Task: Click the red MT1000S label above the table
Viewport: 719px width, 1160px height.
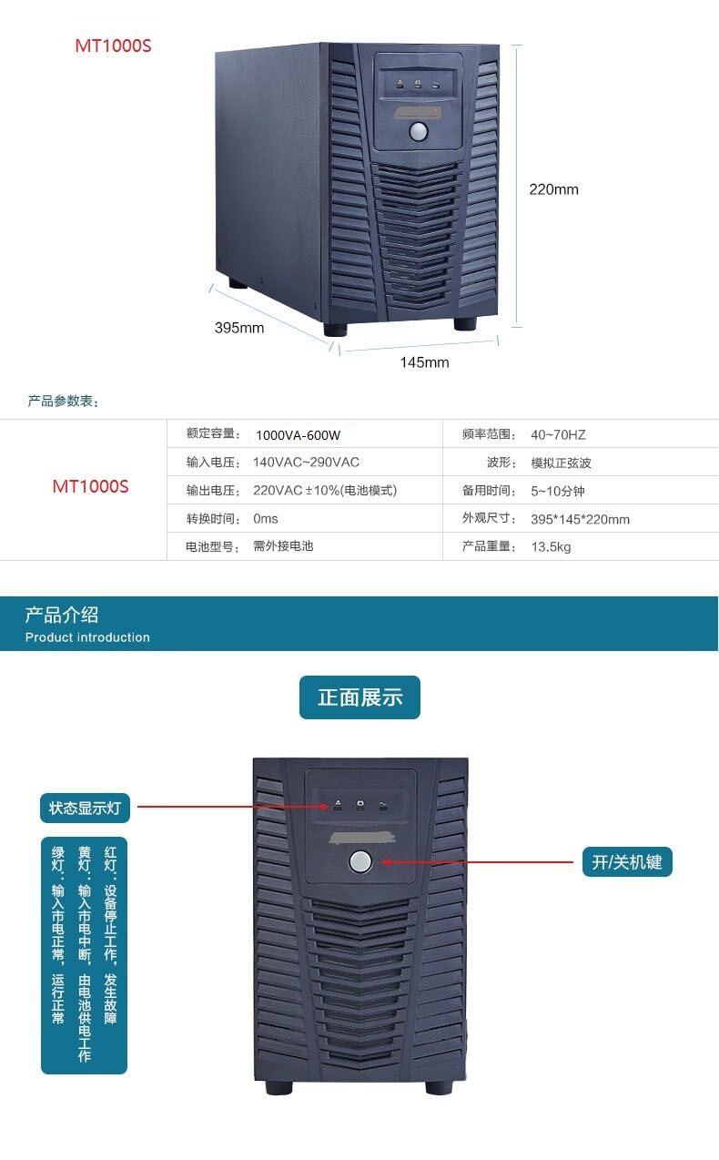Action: point(113,46)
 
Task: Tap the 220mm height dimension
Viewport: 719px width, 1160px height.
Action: point(553,189)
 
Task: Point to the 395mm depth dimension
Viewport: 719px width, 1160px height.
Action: point(239,328)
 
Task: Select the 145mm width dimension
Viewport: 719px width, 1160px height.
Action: point(424,362)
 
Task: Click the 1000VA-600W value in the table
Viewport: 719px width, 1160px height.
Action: point(298,435)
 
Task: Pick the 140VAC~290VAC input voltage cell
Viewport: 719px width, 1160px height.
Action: point(306,463)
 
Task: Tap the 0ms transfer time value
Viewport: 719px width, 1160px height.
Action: point(266,519)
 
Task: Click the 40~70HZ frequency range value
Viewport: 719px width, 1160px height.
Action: point(559,435)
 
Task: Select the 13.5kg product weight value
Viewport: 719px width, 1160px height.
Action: point(551,546)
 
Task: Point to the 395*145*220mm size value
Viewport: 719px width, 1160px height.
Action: point(580,519)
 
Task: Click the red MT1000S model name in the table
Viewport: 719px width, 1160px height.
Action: point(90,486)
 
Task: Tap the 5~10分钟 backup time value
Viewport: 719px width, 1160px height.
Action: point(558,491)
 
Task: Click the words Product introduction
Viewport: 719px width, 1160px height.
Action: point(87,637)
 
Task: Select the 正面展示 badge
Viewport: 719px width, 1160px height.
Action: point(359,697)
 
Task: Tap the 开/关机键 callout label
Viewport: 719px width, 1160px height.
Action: point(626,861)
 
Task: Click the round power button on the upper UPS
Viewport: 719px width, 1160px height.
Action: point(419,131)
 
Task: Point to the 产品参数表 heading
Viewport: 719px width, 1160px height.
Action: point(63,402)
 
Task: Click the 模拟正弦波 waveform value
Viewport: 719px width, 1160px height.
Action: point(561,463)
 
